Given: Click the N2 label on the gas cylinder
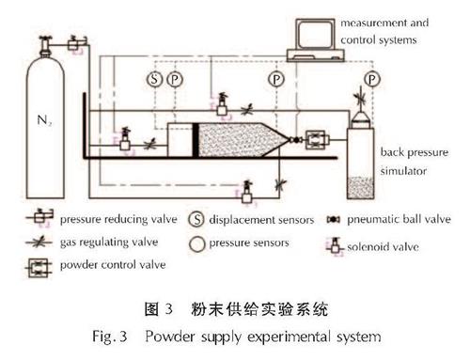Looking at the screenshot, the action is pyautogui.click(x=44, y=120).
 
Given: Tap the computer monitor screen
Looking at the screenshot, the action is pyautogui.click(x=315, y=34).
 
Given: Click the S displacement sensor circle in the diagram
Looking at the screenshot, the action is pyautogui.click(x=154, y=79).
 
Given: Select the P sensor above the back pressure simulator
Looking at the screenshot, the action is pyautogui.click(x=372, y=80).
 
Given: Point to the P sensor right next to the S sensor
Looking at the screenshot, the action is pyautogui.click(x=175, y=79).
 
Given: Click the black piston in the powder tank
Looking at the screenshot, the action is pyautogui.click(x=196, y=140).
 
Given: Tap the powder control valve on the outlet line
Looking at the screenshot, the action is pyautogui.click(x=317, y=140).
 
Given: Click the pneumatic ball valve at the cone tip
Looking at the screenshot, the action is pyautogui.click(x=296, y=140).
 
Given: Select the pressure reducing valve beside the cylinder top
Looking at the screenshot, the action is pyautogui.click(x=75, y=43).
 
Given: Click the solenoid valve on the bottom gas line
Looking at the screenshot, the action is pyautogui.click(x=247, y=192).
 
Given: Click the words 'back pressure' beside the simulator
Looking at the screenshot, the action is pyautogui.click(x=415, y=152).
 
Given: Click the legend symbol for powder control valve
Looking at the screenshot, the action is pyautogui.click(x=39, y=268).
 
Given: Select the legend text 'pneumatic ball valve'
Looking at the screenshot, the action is pyautogui.click(x=399, y=219).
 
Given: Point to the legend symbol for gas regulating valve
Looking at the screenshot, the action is pyautogui.click(x=39, y=243).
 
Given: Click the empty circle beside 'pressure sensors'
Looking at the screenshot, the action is pyautogui.click(x=197, y=244).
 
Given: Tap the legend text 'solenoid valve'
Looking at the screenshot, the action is pyautogui.click(x=383, y=247).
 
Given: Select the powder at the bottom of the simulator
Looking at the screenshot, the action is pyautogui.click(x=360, y=187).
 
